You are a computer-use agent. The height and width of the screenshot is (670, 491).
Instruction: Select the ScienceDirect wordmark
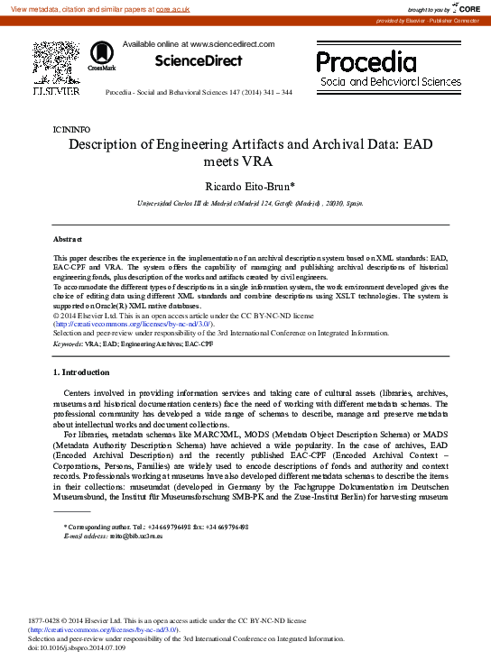199,61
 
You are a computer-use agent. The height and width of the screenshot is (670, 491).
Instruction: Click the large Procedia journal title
366,62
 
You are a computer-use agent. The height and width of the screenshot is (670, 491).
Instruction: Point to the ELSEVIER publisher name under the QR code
56,91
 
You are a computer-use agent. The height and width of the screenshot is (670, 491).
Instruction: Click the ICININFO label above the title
72,130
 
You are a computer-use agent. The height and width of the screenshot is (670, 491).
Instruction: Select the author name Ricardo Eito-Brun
244,187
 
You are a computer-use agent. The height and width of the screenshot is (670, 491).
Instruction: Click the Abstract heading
68,239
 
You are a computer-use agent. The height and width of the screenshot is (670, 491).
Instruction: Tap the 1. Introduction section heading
82,372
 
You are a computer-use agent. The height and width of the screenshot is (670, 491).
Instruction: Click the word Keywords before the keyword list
68,344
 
